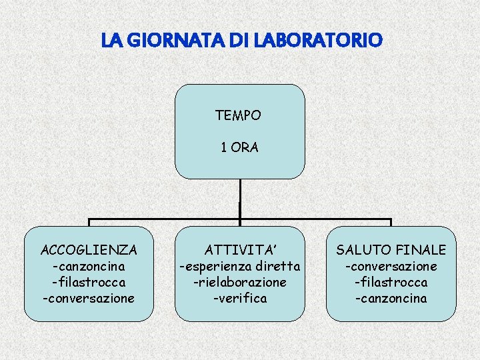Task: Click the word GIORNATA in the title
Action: pos(161,41)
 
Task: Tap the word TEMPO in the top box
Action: pos(238,115)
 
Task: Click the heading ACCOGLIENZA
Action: pos(89,251)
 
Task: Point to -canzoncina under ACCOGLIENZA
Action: pos(89,267)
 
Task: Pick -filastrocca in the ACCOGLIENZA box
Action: pos(89,282)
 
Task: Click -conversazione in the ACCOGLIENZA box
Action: pos(89,298)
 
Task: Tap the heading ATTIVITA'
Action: pos(239,251)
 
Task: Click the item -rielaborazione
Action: pos(239,282)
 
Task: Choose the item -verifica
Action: pos(239,298)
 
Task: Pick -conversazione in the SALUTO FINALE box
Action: pos(391,267)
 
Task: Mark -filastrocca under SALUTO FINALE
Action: pos(391,282)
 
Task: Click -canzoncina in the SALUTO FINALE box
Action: pos(391,298)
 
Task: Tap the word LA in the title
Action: pos(111,41)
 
